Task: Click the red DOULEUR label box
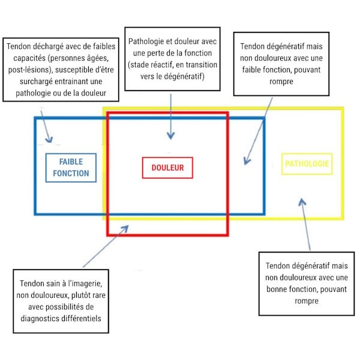[167, 167]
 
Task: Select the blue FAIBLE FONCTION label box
[71, 167]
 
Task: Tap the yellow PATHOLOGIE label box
[307, 163]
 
